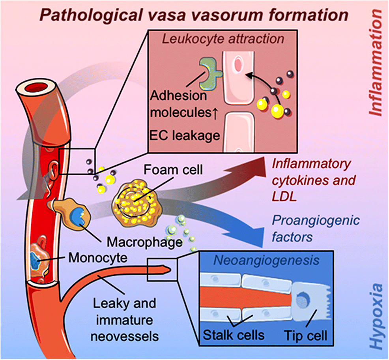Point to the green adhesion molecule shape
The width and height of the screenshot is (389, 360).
point(208,71)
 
